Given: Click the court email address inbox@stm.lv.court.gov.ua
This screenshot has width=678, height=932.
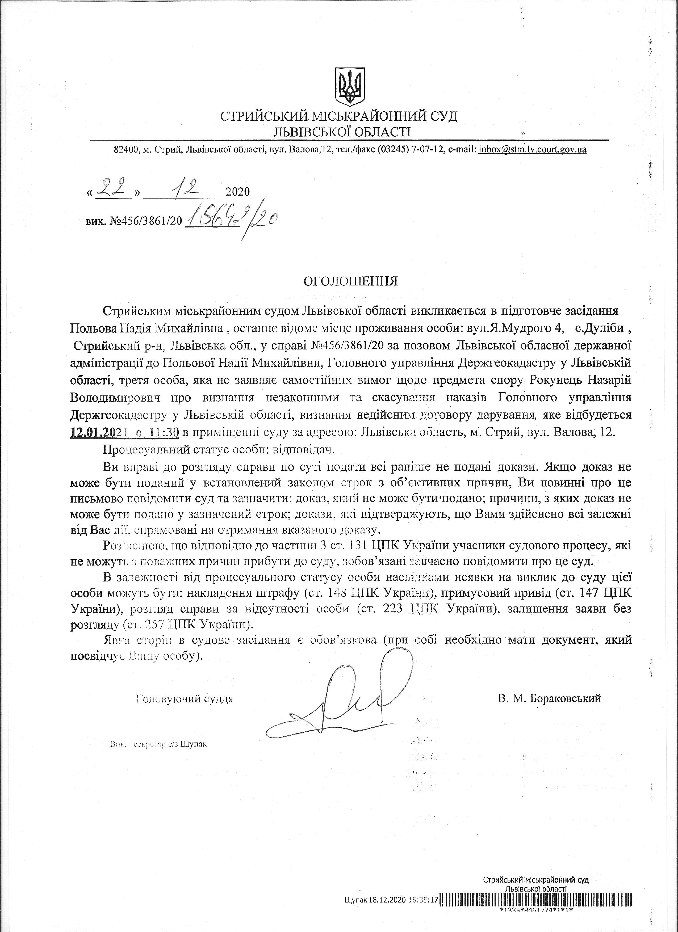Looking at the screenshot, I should click(533, 150).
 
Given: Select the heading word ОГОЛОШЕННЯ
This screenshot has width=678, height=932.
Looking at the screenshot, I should click(351, 281).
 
